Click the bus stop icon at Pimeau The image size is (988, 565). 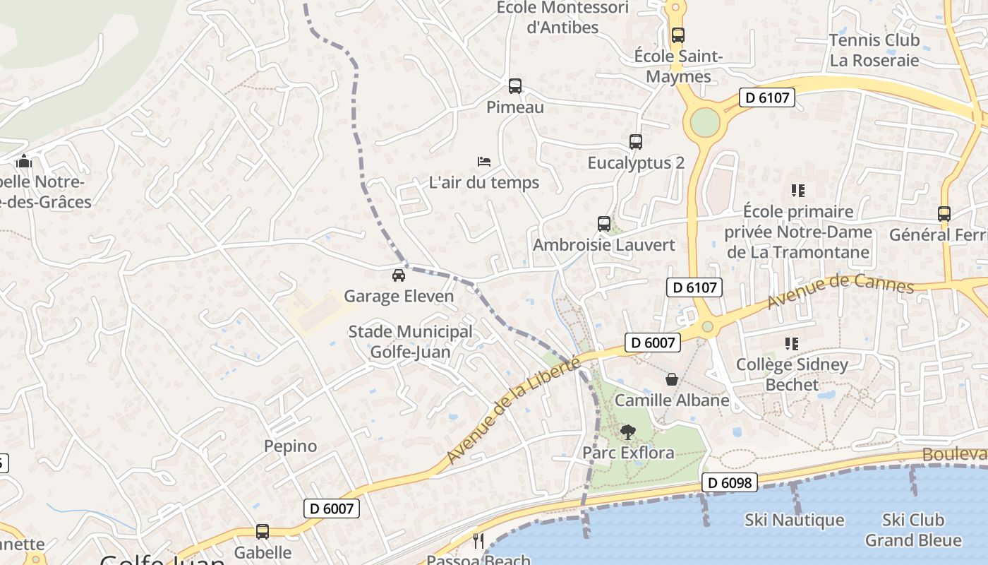(x=515, y=86)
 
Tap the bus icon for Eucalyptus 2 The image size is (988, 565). (x=636, y=142)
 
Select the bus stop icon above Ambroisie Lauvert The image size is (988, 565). (x=604, y=224)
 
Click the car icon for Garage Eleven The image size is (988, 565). (x=399, y=275)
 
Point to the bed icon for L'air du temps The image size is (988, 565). (x=484, y=162)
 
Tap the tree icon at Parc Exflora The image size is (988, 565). (x=627, y=432)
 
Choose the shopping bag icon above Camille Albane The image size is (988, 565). (x=672, y=379)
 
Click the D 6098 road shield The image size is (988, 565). (x=730, y=483)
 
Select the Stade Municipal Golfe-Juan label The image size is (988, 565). (x=411, y=341)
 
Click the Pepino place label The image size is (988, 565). (x=290, y=446)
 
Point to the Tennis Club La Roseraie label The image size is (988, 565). (x=874, y=50)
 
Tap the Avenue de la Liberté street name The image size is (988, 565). (x=513, y=411)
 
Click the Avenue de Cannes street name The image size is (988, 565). (x=841, y=292)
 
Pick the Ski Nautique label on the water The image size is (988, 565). (x=795, y=521)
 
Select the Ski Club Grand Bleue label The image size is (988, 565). (x=913, y=530)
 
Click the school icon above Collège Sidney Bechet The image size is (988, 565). (x=792, y=344)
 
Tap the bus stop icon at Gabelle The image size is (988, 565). (x=263, y=532)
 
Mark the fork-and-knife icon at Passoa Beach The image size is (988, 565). (x=478, y=541)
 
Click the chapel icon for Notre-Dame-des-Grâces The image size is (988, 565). (x=24, y=162)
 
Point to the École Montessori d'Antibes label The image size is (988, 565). (x=562, y=18)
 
